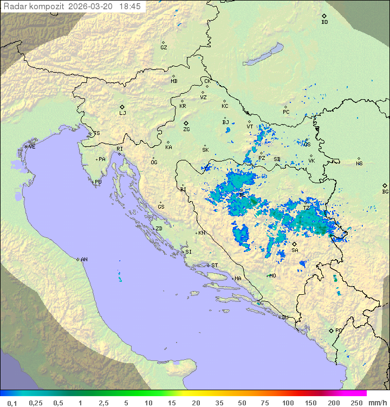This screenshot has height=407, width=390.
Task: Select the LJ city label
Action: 122,113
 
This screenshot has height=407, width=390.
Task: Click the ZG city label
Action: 186,130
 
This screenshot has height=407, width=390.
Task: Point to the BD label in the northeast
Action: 324,22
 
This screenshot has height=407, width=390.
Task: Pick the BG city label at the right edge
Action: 385,191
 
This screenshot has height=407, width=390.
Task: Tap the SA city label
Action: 295,250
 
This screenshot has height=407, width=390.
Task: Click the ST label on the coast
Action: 214,266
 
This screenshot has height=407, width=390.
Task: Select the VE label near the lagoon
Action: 32,147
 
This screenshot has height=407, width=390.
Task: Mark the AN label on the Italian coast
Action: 84,260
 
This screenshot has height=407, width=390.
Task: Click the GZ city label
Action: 164,48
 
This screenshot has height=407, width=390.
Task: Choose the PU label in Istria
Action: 98,182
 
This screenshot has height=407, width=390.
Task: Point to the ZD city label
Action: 159,229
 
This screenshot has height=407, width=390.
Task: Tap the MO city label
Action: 272,275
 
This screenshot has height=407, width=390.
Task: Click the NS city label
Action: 359,163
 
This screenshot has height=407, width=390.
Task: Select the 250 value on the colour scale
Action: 356,403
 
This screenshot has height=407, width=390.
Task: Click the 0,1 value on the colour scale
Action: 12,403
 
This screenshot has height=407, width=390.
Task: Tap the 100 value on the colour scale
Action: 287,403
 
